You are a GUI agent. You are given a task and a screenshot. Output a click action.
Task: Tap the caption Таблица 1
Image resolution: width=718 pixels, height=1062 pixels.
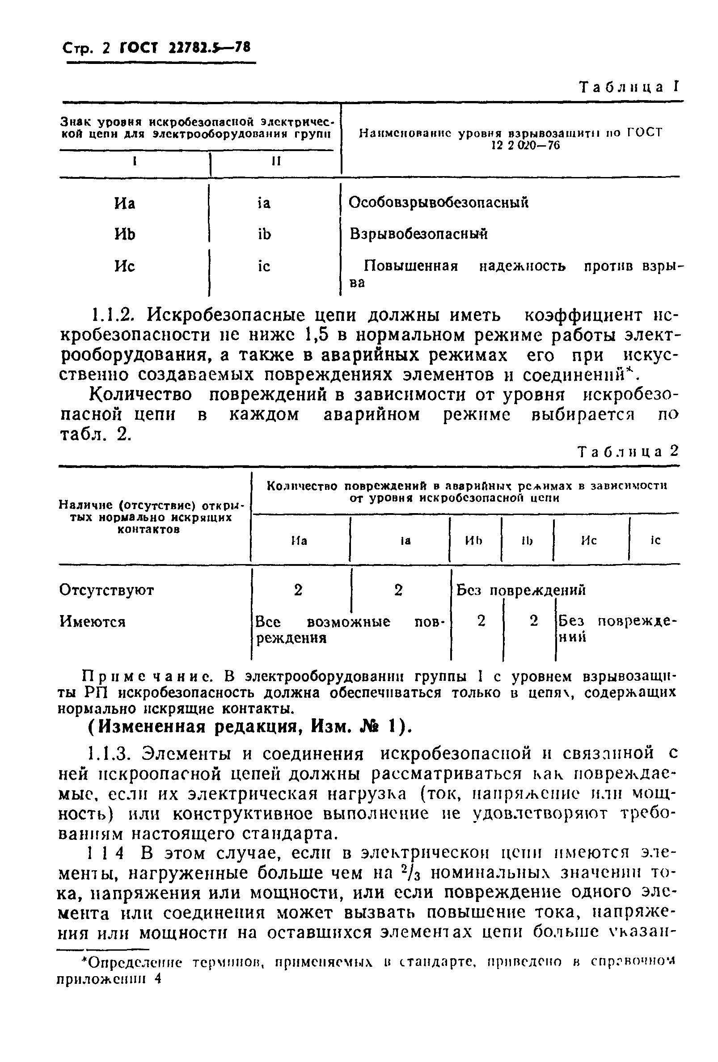629,87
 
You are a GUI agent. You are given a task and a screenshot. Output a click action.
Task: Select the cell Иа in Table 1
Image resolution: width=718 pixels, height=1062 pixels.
124,203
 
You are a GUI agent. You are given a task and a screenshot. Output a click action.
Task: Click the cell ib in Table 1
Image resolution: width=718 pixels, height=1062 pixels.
264,234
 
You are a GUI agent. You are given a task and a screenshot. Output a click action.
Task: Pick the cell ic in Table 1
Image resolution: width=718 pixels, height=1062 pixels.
264,266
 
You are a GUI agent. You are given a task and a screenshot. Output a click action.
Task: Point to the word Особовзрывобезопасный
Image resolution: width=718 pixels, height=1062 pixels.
438,202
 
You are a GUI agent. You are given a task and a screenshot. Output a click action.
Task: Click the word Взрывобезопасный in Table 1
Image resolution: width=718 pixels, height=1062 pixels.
418,234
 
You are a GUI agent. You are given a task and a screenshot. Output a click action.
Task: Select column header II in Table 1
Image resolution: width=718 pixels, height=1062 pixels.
276,161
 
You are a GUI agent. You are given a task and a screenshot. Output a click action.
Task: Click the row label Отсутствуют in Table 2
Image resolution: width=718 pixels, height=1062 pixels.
106,590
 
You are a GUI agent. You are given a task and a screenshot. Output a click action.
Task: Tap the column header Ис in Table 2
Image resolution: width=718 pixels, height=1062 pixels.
589,540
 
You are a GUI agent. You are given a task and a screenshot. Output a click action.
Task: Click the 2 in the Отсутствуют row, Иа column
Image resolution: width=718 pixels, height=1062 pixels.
298,590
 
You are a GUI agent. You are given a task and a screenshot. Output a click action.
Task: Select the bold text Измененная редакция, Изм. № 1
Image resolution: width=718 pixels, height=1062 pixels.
249,727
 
